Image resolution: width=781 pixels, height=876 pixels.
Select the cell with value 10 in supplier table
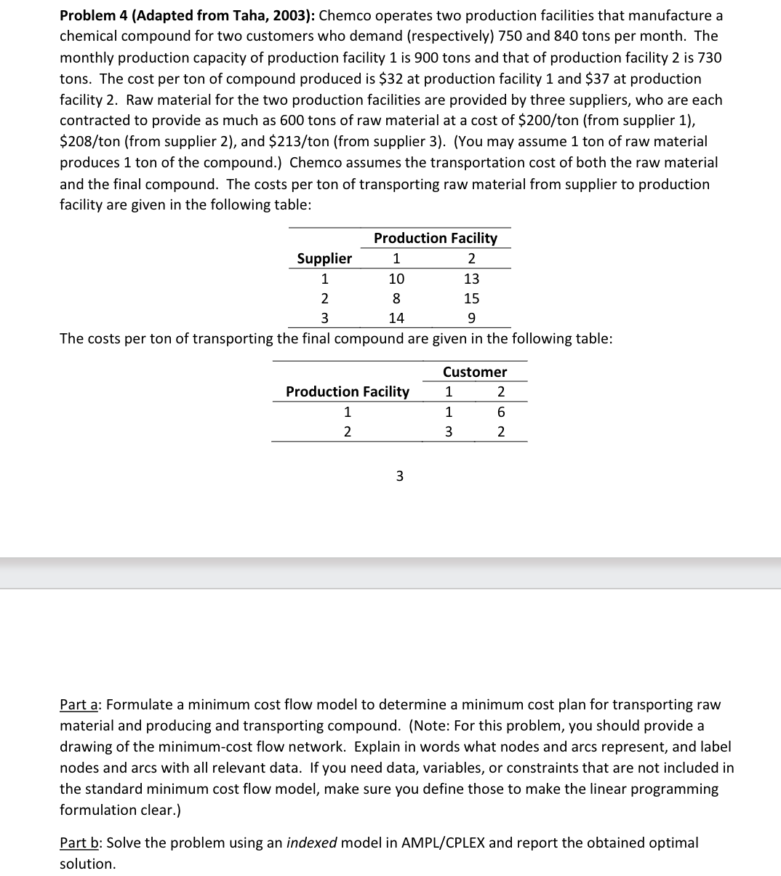point(396,279)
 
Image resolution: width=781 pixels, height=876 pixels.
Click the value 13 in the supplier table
point(471,279)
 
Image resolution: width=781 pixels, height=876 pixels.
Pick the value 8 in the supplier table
point(396,298)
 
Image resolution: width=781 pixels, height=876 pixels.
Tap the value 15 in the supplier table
point(471,298)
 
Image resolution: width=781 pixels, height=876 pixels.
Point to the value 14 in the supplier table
point(396,318)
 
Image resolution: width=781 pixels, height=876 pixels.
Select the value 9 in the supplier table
point(471,318)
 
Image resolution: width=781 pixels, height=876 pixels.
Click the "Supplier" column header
point(324,258)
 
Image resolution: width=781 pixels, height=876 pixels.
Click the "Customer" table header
point(475,372)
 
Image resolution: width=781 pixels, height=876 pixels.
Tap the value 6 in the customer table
point(500,412)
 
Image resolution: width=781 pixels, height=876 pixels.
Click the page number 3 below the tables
point(398,477)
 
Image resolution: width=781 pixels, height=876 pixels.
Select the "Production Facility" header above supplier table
point(435,238)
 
